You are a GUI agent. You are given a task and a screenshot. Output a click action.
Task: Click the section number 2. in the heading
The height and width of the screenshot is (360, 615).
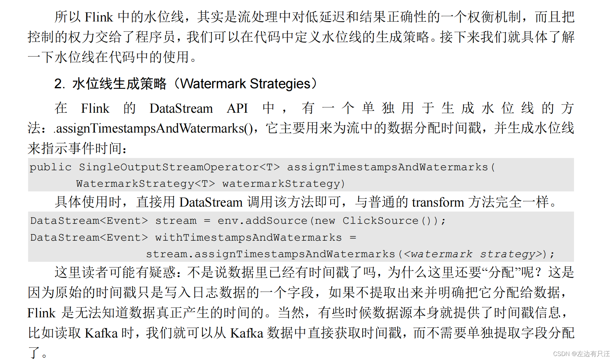pos(60,84)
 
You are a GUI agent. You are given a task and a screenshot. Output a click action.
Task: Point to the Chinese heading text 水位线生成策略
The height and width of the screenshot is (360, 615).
pos(119,84)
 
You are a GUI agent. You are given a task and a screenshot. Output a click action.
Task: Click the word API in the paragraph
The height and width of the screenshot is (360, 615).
pos(237,108)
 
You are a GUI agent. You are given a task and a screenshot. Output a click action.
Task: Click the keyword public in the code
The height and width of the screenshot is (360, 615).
pos(51,167)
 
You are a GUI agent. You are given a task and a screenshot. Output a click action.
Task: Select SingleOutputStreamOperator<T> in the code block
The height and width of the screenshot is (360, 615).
pos(179,167)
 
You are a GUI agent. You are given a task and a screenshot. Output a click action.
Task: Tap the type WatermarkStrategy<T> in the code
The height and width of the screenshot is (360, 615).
pos(145,184)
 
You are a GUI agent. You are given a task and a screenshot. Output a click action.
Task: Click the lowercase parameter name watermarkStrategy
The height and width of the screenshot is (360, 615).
pos(281,184)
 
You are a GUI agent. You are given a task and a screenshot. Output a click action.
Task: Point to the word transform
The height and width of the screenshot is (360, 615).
pos(438,202)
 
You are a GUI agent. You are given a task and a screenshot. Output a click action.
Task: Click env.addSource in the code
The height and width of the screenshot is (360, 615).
pos(262,220)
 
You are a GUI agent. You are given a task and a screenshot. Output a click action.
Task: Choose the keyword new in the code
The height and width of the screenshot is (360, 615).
pos(325,221)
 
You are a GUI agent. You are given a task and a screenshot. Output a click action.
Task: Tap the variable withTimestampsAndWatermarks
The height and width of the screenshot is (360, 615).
pos(248,237)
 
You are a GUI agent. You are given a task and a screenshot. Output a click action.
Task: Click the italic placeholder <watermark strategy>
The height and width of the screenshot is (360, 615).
pos(473,254)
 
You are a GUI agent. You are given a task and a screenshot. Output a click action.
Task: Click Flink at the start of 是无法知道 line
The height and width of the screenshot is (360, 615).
pos(41,313)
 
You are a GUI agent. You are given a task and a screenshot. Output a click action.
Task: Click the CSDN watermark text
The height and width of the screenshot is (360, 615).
pos(581,354)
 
